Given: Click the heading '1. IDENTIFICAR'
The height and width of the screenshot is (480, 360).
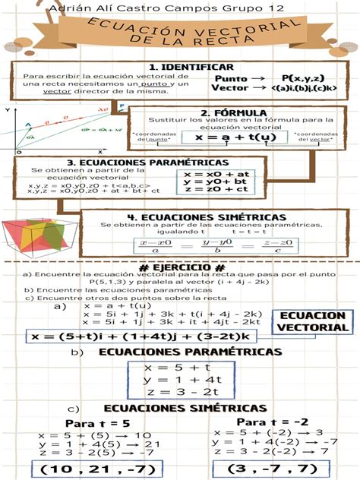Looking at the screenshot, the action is click(180, 67).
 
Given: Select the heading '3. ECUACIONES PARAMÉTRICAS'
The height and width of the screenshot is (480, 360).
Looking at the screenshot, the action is click(141, 162).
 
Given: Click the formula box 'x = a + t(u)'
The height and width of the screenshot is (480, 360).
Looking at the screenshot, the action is click(235, 138).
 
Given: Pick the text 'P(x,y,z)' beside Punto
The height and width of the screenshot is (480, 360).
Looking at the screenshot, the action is click(302, 77).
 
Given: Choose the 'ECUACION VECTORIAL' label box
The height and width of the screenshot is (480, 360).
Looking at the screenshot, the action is click(314, 321).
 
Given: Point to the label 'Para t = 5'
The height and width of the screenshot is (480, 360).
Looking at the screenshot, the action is click(97, 423).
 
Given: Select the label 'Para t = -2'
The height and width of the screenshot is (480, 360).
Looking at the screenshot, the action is click(272, 422).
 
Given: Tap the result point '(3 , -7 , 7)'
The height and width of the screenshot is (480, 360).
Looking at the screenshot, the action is click(270, 469).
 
